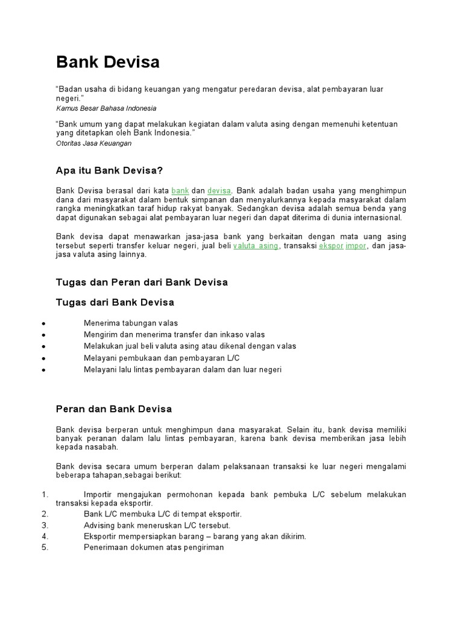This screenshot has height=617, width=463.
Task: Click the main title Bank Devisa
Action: [108, 62]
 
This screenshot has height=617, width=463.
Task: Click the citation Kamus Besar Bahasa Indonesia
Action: [106, 108]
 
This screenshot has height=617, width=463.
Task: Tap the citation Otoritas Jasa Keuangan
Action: [93, 143]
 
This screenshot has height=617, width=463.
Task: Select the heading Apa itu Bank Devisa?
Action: [109, 171]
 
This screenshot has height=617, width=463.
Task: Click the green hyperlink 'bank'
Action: [180, 190]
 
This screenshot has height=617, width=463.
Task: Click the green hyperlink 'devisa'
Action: [219, 190]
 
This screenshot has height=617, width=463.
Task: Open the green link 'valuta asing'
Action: [256, 246]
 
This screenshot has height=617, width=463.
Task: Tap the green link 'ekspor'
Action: [331, 246]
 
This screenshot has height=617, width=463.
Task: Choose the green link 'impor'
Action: [356, 246]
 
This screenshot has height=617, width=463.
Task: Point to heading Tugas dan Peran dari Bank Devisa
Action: [142, 282]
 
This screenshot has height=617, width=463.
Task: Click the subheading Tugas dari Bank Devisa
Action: [115, 302]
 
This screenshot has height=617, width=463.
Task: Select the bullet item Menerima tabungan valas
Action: [131, 323]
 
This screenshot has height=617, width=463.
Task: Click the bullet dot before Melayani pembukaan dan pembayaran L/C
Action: [45, 359]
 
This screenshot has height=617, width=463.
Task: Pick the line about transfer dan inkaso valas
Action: [174, 334]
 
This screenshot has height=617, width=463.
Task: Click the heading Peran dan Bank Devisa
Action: [114, 409]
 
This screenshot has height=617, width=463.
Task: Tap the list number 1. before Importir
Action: [44, 494]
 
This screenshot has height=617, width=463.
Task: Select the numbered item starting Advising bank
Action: [157, 525]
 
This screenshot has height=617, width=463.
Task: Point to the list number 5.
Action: [44, 547]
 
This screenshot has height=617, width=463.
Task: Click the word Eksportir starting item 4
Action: [101, 536]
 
